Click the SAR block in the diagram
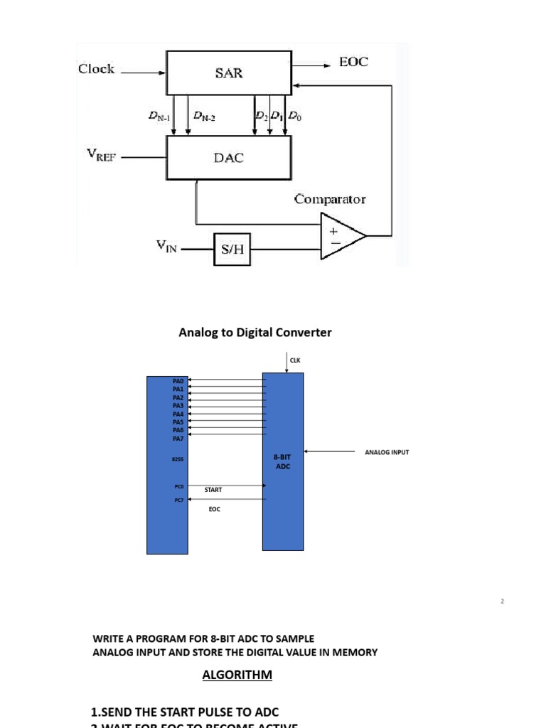click(228, 73)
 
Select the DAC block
click(228, 158)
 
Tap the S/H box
click(232, 250)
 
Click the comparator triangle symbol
click(341, 235)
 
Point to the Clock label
click(96, 69)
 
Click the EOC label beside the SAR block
click(353, 62)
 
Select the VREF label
click(99, 156)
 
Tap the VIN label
click(168, 246)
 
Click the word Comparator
click(330, 199)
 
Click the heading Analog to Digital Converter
click(255, 332)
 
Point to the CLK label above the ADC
click(295, 360)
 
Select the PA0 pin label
click(178, 382)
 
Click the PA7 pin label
click(178, 439)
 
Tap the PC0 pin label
click(179, 486)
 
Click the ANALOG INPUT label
click(387, 452)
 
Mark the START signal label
click(213, 491)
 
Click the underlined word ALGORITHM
click(237, 675)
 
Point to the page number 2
click(502, 601)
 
